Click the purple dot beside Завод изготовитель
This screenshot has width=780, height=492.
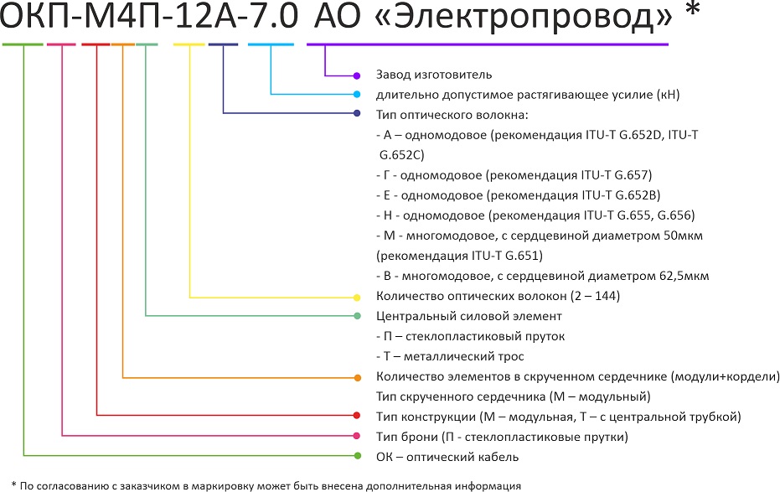tap(357, 76)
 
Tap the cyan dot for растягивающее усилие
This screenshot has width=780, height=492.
tap(357, 94)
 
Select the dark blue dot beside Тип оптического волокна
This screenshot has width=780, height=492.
tap(357, 113)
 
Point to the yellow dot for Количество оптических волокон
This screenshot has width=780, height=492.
tap(357, 298)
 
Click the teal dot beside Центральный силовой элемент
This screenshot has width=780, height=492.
tap(357, 316)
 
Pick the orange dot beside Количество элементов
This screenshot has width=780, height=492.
tap(357, 378)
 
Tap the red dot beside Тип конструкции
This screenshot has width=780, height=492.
tap(357, 416)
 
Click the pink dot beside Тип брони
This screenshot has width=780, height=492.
tap(357, 436)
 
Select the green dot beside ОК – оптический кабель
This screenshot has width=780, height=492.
tap(357, 456)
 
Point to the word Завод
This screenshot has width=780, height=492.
tap(390, 75)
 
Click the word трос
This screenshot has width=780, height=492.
tap(511, 357)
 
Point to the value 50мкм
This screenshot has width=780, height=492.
tap(683, 236)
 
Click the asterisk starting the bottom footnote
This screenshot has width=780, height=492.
tap(14, 484)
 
